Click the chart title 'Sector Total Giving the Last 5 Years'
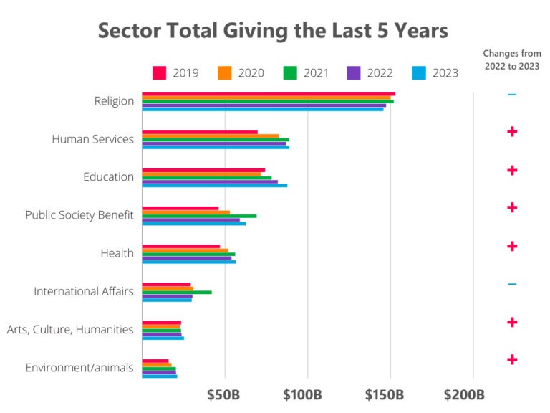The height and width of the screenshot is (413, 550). (273, 31)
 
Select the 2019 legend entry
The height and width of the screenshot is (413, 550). (175, 72)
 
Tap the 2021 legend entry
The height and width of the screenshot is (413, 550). (306, 72)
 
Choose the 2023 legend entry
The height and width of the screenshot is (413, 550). (435, 72)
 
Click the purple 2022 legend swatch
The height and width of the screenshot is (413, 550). (354, 72)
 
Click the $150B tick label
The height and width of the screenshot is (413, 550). (386, 394)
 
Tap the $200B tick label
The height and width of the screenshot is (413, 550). (464, 394)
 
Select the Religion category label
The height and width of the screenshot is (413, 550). (114, 101)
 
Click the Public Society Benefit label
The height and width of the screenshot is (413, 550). (79, 215)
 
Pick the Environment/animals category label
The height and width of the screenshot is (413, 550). (79, 368)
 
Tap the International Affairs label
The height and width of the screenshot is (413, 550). (83, 291)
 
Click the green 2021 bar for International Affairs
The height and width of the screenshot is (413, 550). (177, 292)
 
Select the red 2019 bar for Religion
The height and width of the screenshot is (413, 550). (269, 94)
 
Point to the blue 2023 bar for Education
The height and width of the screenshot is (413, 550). (215, 186)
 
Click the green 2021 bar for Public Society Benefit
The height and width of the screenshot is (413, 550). (199, 216)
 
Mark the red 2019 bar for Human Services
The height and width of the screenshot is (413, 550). (200, 132)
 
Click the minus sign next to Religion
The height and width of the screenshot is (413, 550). (511, 95)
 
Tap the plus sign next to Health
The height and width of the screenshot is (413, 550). (511, 246)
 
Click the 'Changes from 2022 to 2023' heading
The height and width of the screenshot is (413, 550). (511, 60)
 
